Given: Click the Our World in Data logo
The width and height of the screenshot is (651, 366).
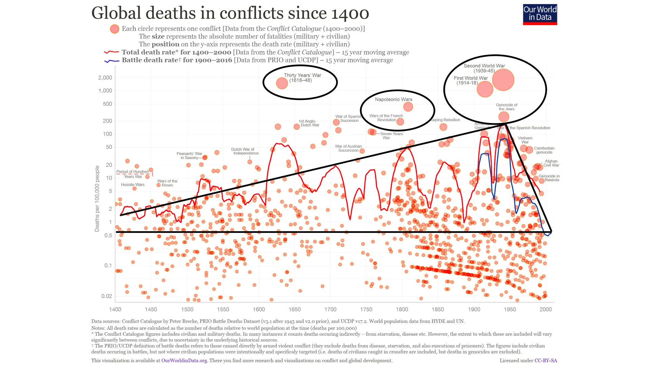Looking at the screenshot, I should coord(540,14).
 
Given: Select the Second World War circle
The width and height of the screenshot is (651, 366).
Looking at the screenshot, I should coord(503,80).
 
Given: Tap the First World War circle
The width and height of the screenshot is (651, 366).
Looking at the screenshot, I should coord(485,89).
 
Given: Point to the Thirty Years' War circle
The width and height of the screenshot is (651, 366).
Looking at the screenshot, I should coord(282,83).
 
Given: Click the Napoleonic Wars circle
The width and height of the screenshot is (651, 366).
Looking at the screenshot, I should coord(408,107).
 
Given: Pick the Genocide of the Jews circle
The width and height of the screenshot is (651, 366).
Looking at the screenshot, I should coord(504,117).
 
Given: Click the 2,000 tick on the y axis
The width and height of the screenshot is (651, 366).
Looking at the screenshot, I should coord(105,78).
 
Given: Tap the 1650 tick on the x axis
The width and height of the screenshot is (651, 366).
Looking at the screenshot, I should coord(294,309).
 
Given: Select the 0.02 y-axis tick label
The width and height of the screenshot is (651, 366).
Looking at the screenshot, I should coord(106,296).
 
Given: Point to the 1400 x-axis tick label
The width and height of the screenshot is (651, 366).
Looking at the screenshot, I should coord(115,309).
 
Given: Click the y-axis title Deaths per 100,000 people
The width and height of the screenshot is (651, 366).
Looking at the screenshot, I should coord(97,199).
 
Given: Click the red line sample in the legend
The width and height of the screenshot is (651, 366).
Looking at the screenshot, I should coord(112,52).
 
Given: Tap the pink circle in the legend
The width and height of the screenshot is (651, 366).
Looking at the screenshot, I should coord(115,29).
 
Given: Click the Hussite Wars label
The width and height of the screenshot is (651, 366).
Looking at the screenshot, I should coord(133,185).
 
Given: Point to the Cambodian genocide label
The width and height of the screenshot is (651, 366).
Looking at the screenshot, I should coord(544,150).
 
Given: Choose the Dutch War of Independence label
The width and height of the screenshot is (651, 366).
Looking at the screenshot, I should coord(245,151).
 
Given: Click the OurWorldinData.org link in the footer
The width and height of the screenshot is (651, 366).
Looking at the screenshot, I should coord(184,361).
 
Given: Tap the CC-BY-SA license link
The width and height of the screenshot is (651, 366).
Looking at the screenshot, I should coord(546,361).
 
